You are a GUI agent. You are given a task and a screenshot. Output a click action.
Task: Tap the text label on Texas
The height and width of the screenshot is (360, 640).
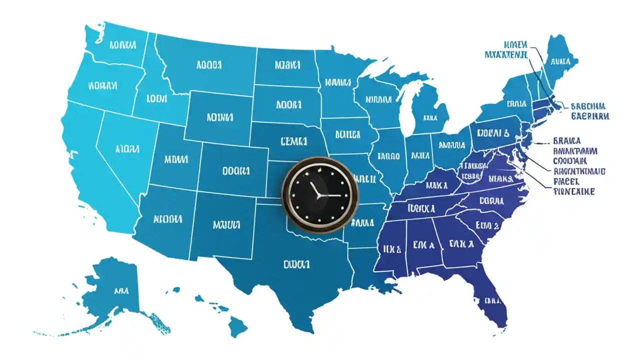click(x=296, y=263)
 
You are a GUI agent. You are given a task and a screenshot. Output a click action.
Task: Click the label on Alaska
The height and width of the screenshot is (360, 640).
click(x=120, y=290)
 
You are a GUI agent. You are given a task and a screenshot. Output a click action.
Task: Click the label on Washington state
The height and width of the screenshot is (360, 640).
click(x=121, y=45)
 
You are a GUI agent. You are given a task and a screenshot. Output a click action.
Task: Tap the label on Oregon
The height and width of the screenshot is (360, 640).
click(x=102, y=85)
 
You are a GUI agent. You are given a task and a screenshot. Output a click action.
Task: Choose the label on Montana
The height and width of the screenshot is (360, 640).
click(x=209, y=65)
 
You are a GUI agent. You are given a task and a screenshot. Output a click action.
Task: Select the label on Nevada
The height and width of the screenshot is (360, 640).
click(x=126, y=148)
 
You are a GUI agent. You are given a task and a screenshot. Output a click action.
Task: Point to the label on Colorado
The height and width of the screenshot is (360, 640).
click(x=235, y=170)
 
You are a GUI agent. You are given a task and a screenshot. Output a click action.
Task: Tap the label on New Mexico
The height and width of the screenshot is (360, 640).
click(x=226, y=224)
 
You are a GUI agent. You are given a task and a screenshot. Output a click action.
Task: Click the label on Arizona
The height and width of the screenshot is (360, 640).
click(x=167, y=219)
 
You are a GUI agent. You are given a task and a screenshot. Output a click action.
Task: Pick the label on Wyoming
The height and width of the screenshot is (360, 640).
click(x=219, y=117)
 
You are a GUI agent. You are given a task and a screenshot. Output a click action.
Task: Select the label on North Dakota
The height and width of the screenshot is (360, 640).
click(x=287, y=65)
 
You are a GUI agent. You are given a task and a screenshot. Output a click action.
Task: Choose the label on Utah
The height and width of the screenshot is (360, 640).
click(x=175, y=159)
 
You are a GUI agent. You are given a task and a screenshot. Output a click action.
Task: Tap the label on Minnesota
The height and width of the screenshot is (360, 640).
click(x=338, y=81)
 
